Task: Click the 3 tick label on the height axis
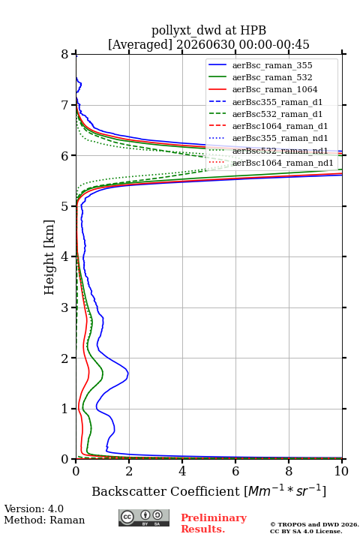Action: [x=64, y=307]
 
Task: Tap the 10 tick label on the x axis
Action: [x=341, y=471]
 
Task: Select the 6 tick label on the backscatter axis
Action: [x=235, y=471]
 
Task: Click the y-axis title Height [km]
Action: [x=49, y=257]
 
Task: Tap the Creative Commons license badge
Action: [x=144, y=517]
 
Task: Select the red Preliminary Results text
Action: [x=214, y=523]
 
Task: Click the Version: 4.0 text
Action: [x=34, y=508]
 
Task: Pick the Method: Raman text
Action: [x=44, y=520]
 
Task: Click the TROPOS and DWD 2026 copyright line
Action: [x=314, y=525]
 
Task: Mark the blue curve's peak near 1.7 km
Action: [x=128, y=373]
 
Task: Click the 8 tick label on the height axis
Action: [x=64, y=54]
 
